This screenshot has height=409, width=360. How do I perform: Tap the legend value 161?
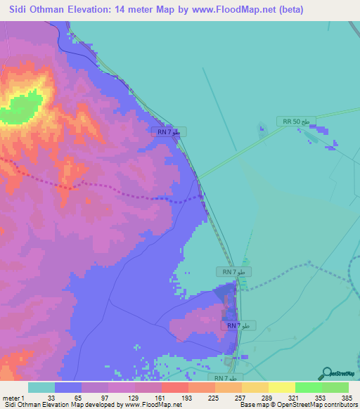point(161,398)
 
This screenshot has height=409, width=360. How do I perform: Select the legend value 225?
point(214,398)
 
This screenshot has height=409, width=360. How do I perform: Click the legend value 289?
point(268,398)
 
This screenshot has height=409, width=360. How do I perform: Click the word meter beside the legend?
point(11,398)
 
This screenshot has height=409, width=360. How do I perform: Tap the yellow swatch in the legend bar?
point(281,387)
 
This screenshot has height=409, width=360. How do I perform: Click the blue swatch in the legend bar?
point(67,387)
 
